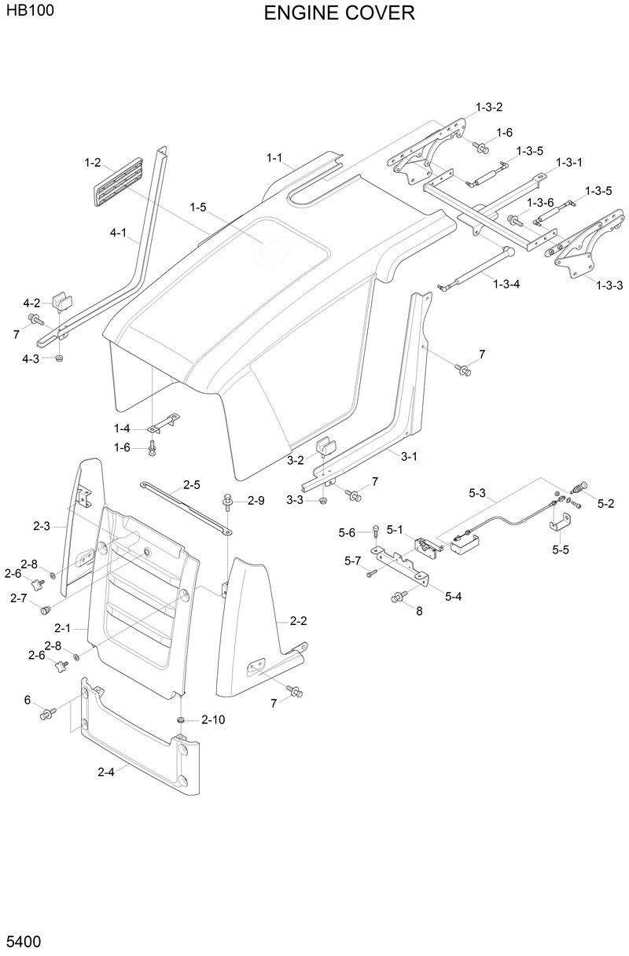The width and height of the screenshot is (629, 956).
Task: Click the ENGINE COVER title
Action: coord(339,13)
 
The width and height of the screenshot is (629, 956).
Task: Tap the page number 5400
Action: coord(24,941)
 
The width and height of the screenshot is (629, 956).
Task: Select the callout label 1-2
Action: coord(93,163)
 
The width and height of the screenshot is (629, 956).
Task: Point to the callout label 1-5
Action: coord(197,207)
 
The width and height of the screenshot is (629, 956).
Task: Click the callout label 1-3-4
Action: coord(506,284)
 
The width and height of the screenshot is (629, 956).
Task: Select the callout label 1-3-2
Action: coord(488,106)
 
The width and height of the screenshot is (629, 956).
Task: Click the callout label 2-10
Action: coord(212,719)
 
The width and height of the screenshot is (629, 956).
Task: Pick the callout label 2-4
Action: coord(106,772)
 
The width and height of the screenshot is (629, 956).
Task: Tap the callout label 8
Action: coord(419,611)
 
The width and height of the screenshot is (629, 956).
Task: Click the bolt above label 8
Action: coord(397,598)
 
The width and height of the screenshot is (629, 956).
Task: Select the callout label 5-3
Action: coord(477,493)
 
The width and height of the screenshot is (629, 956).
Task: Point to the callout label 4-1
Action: coord(119,233)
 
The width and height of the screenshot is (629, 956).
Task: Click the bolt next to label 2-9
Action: coord(228,499)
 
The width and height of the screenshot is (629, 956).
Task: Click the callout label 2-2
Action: coord(298,621)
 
